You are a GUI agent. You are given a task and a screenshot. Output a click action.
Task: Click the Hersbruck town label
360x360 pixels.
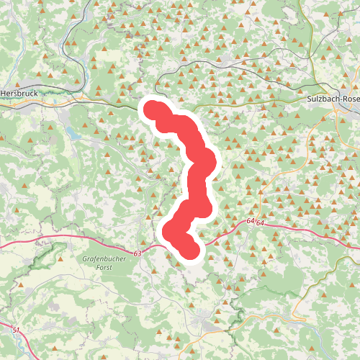click(x=21, y=92)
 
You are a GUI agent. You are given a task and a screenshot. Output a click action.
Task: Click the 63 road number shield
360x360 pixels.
click(x=138, y=253)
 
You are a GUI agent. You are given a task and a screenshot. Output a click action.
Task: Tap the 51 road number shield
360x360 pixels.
click(x=16, y=329)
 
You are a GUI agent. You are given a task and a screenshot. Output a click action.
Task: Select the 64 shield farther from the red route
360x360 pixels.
click(x=261, y=224)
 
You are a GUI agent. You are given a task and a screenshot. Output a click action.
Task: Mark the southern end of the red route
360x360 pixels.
click(x=188, y=250)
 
